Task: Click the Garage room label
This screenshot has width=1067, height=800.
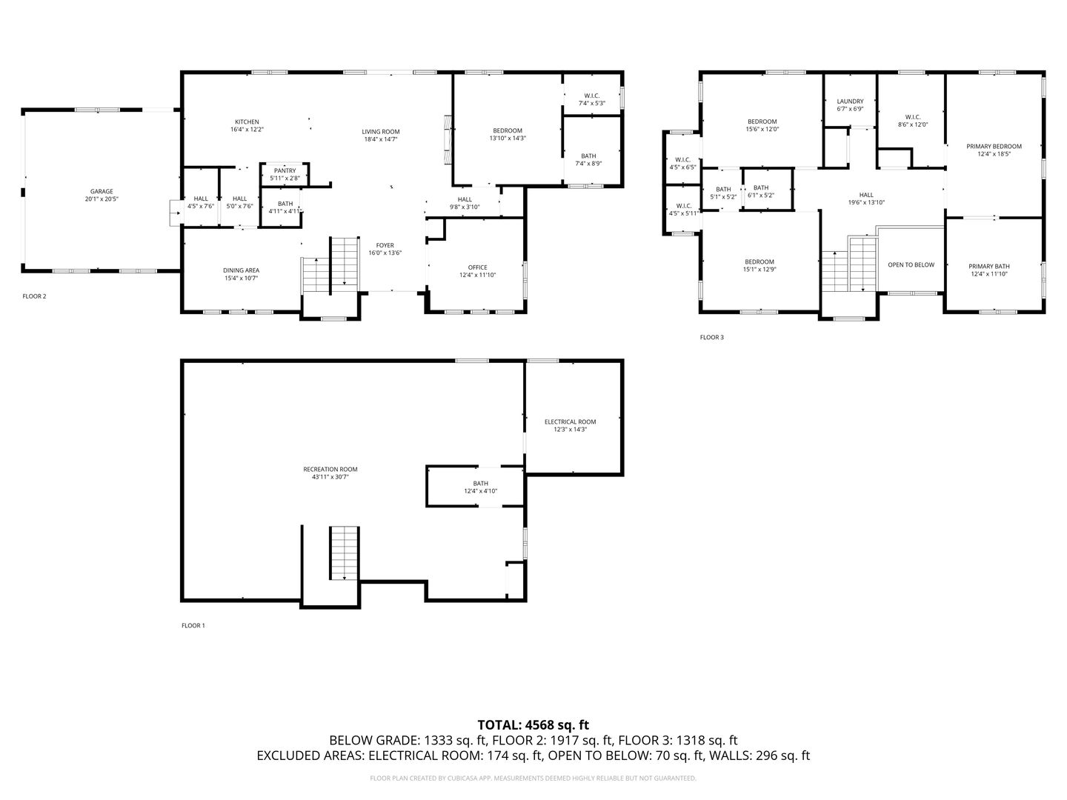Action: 102,191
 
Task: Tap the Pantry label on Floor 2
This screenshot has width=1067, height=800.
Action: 285,171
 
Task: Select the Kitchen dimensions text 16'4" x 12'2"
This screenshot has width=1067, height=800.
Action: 247,130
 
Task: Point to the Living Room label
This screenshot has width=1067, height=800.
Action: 381,132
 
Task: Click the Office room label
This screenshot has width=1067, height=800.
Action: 477,267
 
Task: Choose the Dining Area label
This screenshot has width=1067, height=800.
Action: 242,270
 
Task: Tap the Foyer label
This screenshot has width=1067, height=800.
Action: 385,245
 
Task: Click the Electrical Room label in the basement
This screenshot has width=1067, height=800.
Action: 570,421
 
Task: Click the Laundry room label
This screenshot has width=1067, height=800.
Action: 850,101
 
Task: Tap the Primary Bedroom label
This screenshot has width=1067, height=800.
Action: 994,147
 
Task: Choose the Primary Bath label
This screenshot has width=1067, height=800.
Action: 989,266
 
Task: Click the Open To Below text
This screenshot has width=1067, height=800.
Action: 911,264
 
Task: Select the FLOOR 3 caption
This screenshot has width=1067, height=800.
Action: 711,338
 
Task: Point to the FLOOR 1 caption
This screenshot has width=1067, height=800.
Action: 193,626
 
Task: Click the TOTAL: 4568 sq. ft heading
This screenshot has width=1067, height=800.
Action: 533,724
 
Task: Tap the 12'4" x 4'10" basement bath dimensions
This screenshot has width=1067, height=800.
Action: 481,491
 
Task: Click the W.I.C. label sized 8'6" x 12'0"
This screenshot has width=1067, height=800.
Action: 912,117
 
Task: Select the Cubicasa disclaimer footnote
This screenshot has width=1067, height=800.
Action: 533,779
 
